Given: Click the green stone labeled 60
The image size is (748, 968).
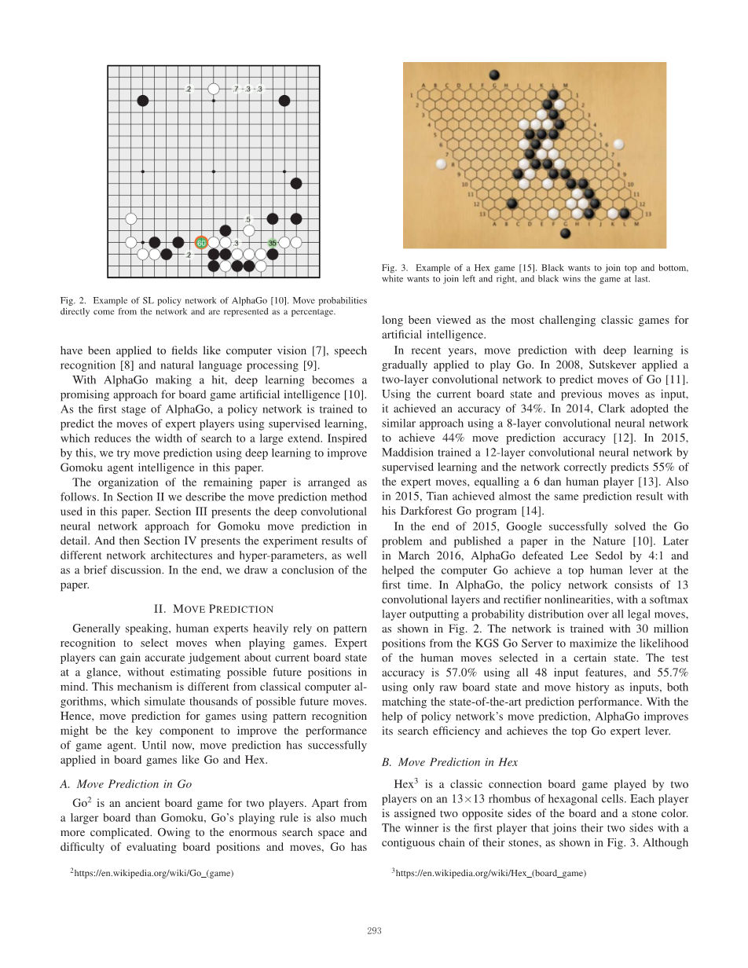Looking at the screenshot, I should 201,243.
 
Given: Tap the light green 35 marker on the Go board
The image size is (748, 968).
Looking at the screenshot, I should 273,243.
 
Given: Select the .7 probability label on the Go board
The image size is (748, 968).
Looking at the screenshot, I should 236,90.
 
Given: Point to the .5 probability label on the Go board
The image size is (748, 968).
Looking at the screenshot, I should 248,219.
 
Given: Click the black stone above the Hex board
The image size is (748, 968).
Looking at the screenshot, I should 494,75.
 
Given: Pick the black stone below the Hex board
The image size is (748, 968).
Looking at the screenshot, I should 565,233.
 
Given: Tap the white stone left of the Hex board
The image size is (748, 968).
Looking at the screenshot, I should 441,164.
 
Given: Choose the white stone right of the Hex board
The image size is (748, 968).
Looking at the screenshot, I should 619,145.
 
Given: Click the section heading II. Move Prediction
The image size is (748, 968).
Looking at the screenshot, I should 213,609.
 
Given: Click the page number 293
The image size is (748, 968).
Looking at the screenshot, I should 374,931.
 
